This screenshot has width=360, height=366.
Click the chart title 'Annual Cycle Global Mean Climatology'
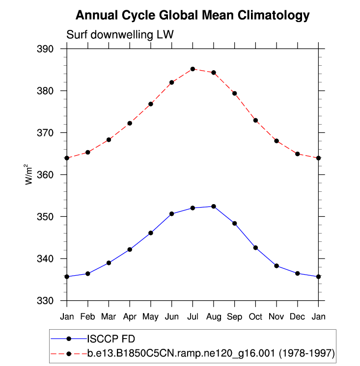click(193, 16)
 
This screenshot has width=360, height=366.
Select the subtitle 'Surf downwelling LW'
click(120, 35)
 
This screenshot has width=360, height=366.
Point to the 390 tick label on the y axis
click(52, 49)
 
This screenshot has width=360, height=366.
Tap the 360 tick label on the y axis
click(52, 175)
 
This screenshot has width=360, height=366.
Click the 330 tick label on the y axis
click(52, 300)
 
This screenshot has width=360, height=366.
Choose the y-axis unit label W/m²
click(29, 175)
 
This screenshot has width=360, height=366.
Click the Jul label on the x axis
click(193, 316)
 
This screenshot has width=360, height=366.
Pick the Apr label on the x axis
click(130, 316)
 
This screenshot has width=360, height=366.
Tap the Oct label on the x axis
click(255, 316)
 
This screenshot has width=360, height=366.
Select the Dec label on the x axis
click(298, 316)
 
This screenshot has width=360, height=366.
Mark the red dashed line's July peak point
click(193, 69)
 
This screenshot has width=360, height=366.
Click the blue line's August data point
click(214, 207)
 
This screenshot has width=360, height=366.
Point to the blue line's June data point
click(172, 214)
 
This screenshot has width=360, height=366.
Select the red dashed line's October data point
click(255, 120)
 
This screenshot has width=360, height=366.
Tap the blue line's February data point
click(87, 273)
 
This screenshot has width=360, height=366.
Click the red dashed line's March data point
click(109, 140)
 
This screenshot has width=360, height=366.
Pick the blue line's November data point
click(277, 266)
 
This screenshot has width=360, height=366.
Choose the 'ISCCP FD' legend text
click(111, 339)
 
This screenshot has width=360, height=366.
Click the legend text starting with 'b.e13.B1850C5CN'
click(211, 353)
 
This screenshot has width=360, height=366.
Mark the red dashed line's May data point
click(151, 104)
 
